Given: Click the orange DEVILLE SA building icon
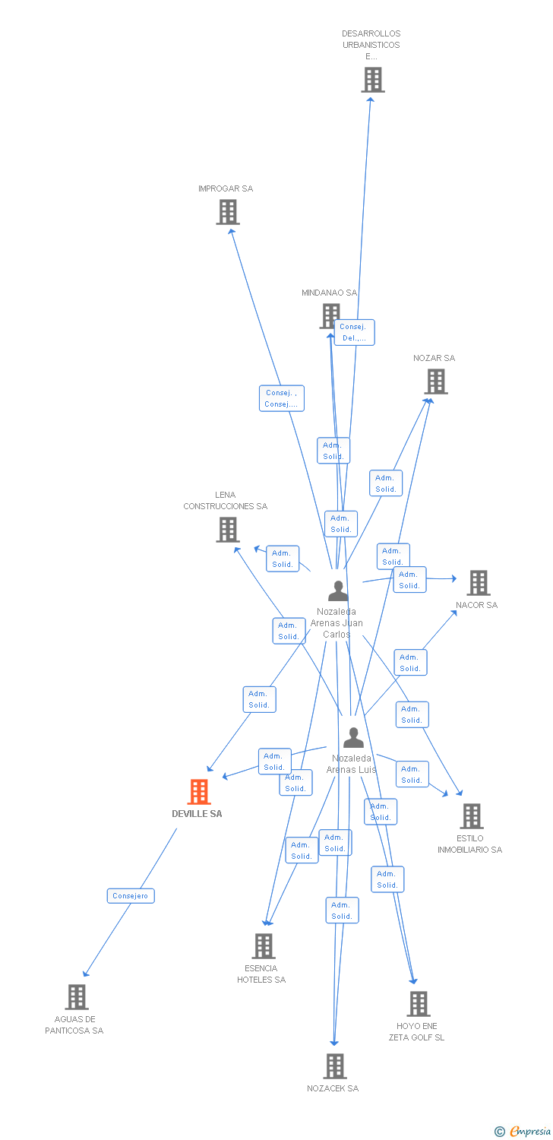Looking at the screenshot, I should point(199,792).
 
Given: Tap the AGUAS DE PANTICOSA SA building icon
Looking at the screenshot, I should point(77,996).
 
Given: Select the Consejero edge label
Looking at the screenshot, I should point(131,896).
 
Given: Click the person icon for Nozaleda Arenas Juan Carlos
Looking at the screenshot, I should point(338,590).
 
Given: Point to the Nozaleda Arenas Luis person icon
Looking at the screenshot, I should point(353,737).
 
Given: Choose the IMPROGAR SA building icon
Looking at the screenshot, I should point(228,212).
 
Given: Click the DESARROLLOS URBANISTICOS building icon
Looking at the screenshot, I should point(372,80).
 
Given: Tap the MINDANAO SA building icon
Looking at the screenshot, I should point(330,315).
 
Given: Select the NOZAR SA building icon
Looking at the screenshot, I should point(436,382).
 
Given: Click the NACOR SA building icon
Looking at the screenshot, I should point(478,583).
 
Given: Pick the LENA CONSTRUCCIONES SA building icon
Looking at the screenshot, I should point(228,530).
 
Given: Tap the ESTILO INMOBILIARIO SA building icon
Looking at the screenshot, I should point(472,816).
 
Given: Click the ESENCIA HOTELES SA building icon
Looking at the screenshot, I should point(263,946).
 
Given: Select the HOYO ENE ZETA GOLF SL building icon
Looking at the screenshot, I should point(418,1004).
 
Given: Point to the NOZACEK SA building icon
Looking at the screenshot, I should point(335,1066).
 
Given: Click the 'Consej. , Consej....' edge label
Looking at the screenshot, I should point(281,398).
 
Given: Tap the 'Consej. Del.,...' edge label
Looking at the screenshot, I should point(353,332).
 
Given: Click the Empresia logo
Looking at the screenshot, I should point(524,1132).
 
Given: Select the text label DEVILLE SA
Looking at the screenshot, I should point(197,814).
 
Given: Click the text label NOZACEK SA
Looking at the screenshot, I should point(333,1088).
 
